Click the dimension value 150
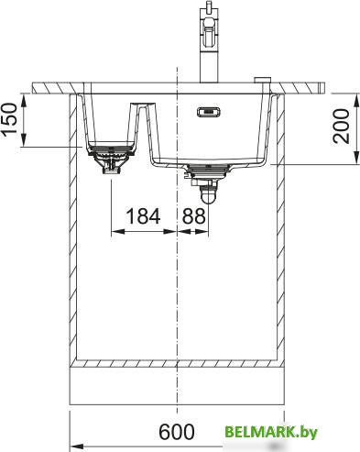tap(9, 119)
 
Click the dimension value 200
tap(341, 126)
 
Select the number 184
tap(143, 215)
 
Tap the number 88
tap(194, 215)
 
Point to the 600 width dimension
tap(177, 432)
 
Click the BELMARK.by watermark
tap(271, 432)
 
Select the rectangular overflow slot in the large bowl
tap(209, 112)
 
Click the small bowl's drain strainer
tap(111, 149)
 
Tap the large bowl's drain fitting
tap(208, 170)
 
